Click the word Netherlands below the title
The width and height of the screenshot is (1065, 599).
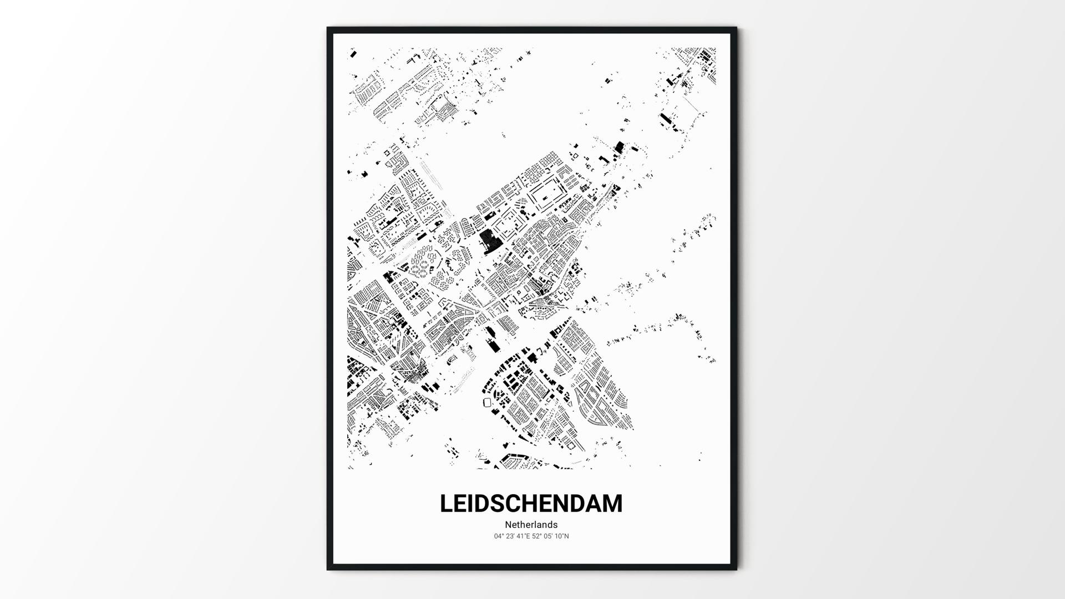531,525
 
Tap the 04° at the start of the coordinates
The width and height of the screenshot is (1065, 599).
499,536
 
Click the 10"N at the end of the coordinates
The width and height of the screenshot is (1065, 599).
562,536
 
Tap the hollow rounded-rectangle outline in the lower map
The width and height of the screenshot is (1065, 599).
488,402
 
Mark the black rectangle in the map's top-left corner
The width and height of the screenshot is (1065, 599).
352,54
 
